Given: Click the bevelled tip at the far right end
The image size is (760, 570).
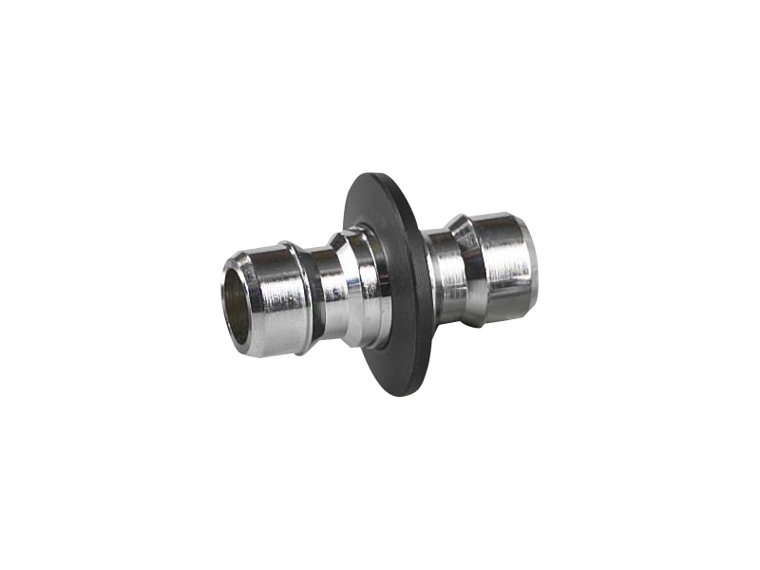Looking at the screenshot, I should point(534,271).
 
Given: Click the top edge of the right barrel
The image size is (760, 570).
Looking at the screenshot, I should point(499,217).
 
